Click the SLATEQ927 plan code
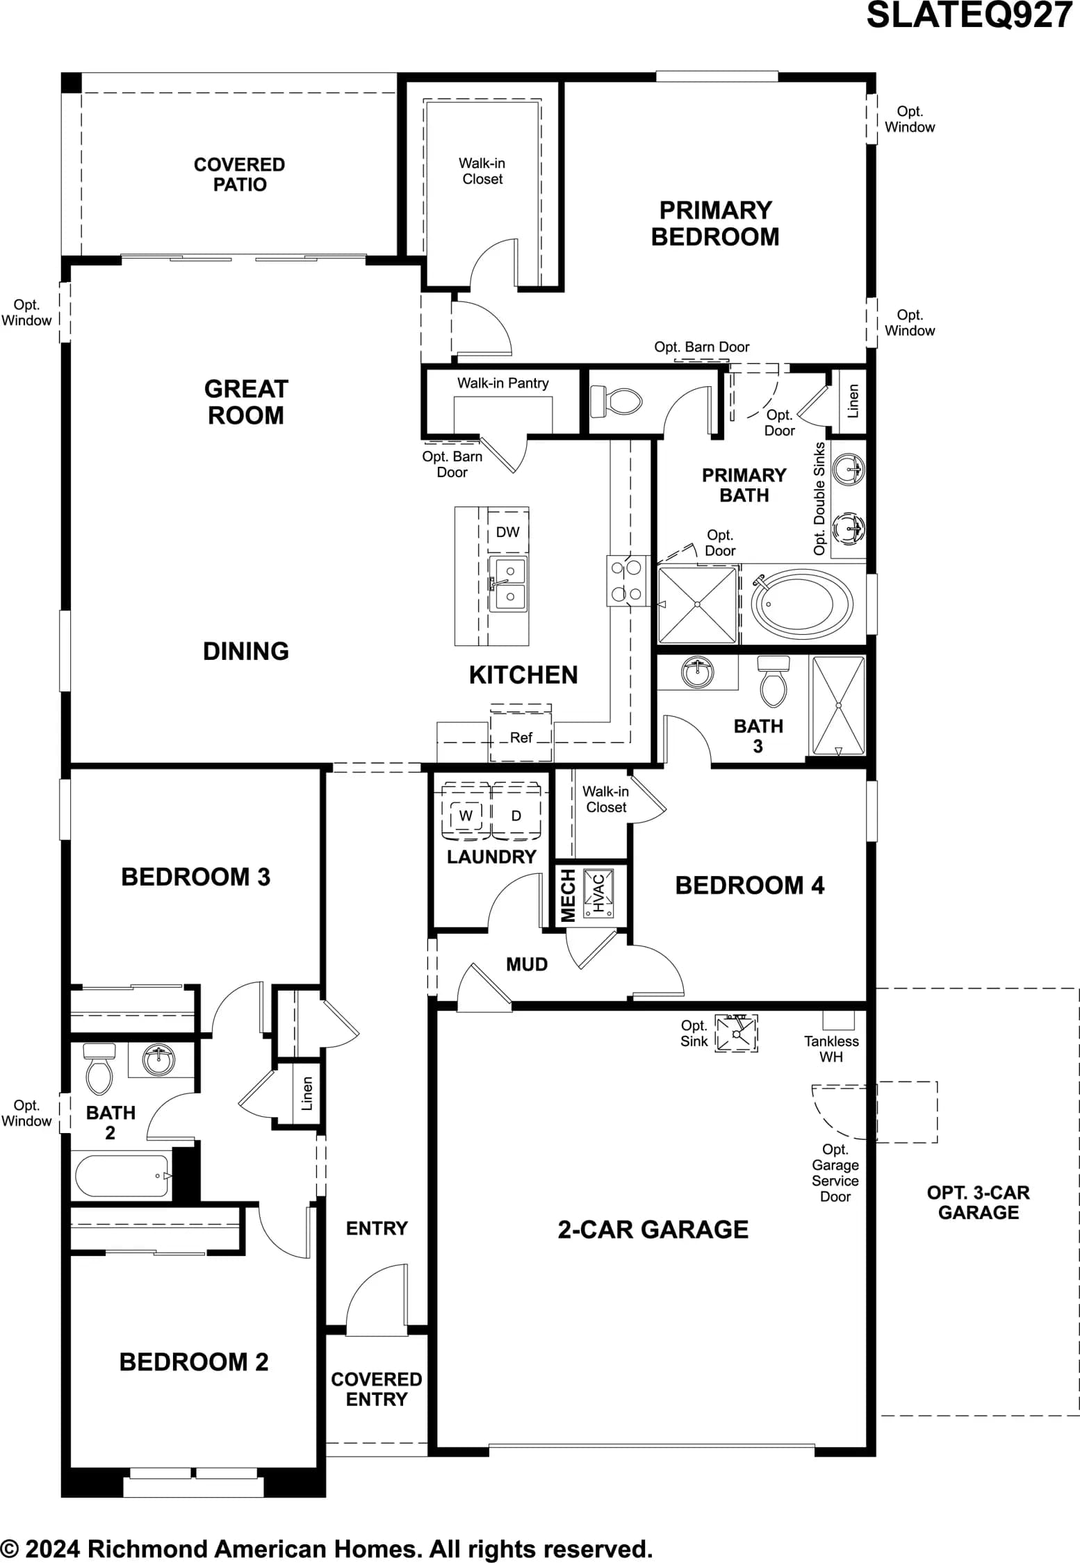click(969, 15)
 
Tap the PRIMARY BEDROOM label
click(715, 223)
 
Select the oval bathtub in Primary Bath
click(802, 604)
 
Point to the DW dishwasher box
click(508, 532)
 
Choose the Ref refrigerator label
click(521, 738)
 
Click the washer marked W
click(466, 814)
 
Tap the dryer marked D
click(516, 814)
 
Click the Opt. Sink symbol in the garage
click(737, 1033)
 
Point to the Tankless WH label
click(831, 1049)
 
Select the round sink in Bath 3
click(697, 672)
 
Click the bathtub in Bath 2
click(122, 1176)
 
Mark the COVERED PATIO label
click(239, 174)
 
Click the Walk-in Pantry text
click(502, 383)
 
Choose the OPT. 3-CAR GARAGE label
click(978, 1202)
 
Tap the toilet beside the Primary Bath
click(616, 402)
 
